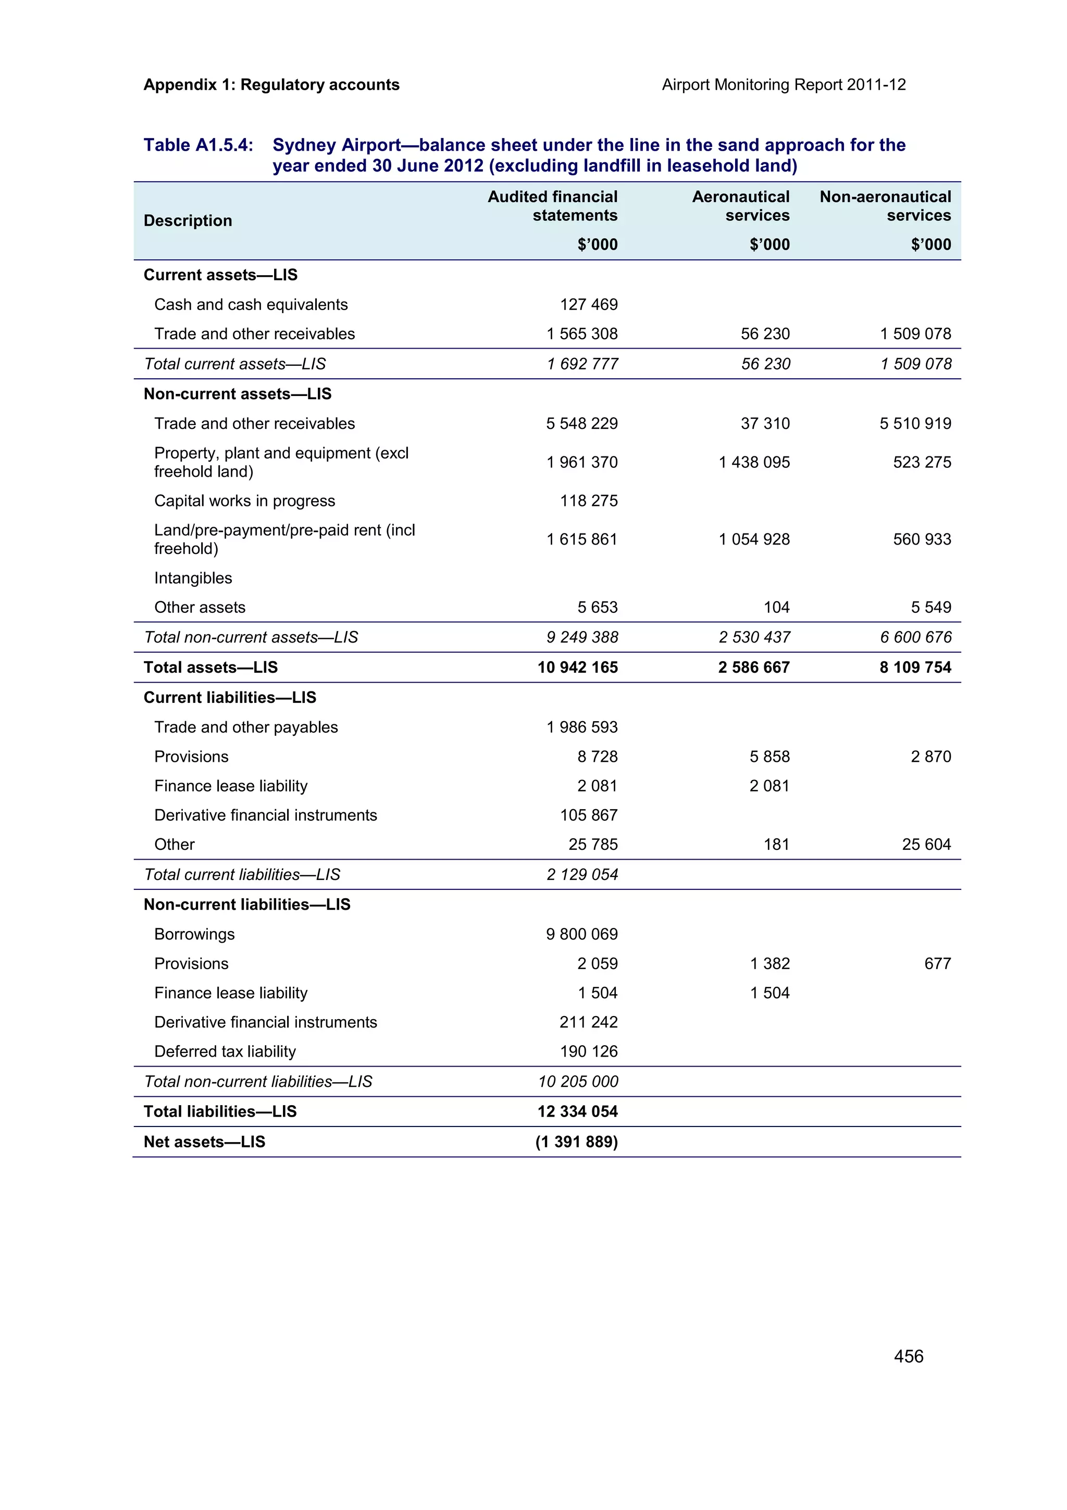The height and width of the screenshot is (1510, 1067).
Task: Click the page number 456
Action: (908, 1355)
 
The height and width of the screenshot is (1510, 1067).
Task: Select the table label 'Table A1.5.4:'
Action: (198, 145)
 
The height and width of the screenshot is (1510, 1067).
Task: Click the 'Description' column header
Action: (188, 220)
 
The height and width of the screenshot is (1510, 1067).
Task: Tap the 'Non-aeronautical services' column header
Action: (884, 206)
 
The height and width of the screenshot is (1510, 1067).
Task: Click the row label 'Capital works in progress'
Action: (244, 501)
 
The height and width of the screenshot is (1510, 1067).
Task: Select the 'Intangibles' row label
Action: (193, 577)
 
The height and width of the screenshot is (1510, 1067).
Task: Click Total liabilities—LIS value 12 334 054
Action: (577, 1111)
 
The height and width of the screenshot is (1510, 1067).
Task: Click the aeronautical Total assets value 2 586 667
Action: (753, 667)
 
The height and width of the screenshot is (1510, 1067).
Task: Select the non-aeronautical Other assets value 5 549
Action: (930, 607)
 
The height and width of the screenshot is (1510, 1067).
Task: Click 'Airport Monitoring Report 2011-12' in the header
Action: (783, 85)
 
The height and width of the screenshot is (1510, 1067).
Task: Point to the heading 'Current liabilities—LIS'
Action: (229, 697)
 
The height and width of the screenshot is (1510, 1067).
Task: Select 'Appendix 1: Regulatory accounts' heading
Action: (271, 85)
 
